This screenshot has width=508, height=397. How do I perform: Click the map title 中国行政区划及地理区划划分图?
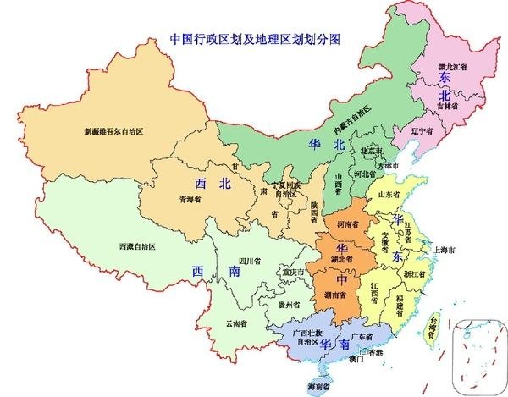(x=254, y=38)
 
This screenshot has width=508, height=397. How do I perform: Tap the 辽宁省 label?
(x=422, y=132)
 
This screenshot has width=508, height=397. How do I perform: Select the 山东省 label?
(x=389, y=194)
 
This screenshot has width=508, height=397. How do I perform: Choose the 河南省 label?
(x=348, y=224)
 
